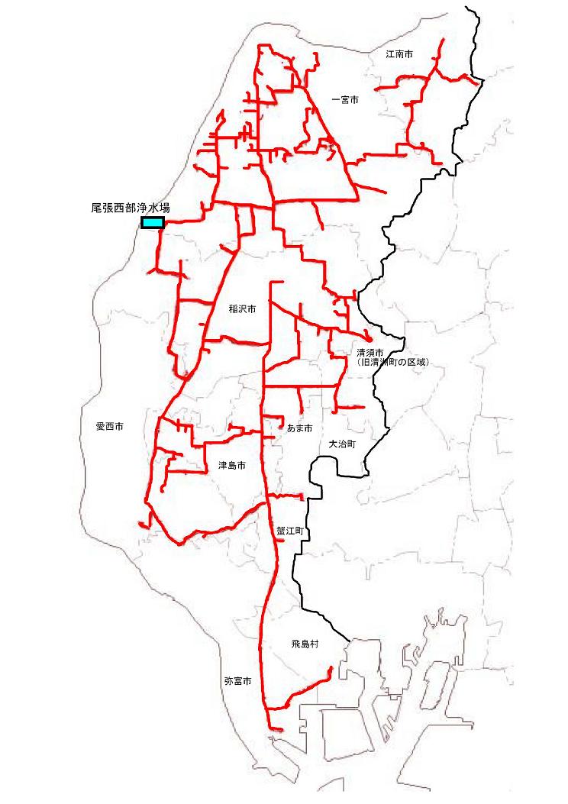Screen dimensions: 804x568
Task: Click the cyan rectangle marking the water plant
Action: pyautogui.click(x=153, y=223)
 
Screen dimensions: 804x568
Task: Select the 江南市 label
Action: pyautogui.click(x=399, y=55)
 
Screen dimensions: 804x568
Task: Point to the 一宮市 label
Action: pyautogui.click(x=345, y=99)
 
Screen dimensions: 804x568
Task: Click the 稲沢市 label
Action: pyautogui.click(x=241, y=310)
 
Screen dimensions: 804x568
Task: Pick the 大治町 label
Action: pyautogui.click(x=342, y=444)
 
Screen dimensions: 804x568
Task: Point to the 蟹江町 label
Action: pyautogui.click(x=290, y=529)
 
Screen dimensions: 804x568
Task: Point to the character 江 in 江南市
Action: pyautogui.click(x=390, y=55)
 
